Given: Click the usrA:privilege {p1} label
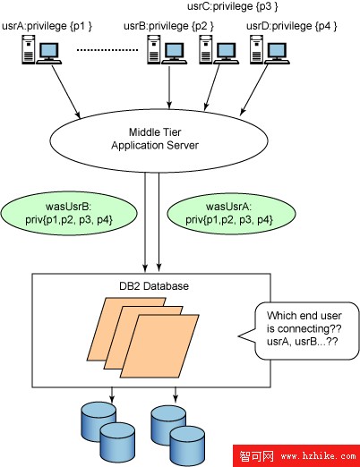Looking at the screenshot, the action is point(47,26).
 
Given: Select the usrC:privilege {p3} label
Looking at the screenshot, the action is point(233,6).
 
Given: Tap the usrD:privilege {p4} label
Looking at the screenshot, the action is point(292,26).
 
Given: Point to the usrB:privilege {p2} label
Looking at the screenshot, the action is point(168,26).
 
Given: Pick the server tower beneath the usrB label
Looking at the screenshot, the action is point(154,49).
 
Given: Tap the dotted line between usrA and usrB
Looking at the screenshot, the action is point(107,50).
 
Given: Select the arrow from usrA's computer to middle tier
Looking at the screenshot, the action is point(66,92).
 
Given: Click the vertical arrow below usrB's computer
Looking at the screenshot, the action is point(169,87).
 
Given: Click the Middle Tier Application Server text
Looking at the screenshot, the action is point(155,139).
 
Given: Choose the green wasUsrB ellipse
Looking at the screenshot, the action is point(69,214).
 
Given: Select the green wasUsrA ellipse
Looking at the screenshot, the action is point(232,214).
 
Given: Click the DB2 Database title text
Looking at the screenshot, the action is point(154,286).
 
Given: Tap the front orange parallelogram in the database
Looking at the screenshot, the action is point(159,346).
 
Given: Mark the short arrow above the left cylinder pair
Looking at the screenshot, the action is point(112,395).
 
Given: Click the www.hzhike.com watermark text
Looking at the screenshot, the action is point(319,455).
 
